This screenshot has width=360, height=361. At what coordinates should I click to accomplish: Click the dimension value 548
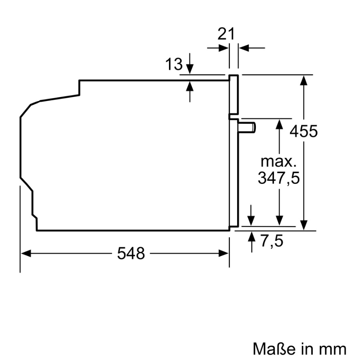pyautogui.click(x=131, y=253)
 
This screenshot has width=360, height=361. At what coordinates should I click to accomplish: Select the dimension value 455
pyautogui.click(x=303, y=131)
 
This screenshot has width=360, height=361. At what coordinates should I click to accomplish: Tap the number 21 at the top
pyautogui.click(x=225, y=34)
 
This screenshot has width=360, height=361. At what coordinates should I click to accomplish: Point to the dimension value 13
pyautogui.click(x=174, y=64)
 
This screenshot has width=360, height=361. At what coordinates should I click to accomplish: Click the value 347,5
pyautogui.click(x=278, y=178)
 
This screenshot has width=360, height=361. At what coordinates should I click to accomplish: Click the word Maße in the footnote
pyautogui.click(x=274, y=349)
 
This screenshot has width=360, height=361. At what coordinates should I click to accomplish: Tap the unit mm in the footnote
pyautogui.click(x=332, y=349)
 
